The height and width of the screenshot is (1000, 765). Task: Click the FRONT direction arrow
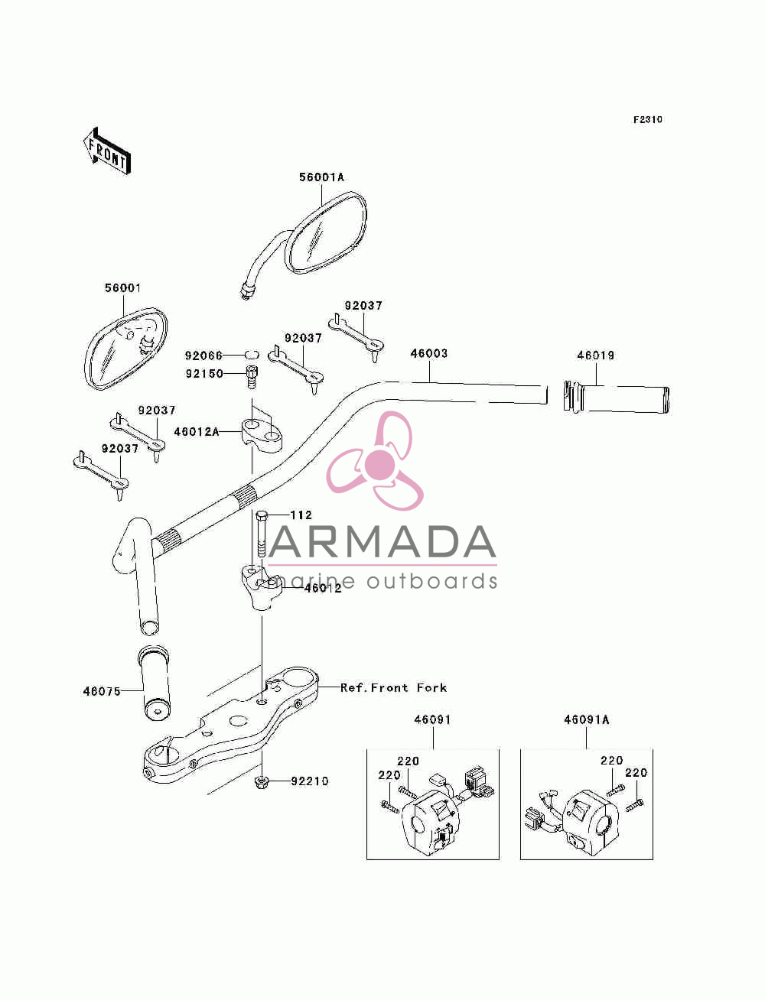coord(106,151)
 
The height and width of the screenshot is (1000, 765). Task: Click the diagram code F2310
coord(647,120)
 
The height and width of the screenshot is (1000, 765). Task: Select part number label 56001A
coord(321,177)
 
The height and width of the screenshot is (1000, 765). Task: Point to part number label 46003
coord(428,353)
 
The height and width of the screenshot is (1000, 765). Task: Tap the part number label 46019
coord(595,355)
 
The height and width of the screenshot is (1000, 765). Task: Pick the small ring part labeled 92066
coord(252,355)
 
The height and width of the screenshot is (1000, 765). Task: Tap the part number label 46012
coord(323,588)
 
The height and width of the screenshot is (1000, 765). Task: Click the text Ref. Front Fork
coord(393,687)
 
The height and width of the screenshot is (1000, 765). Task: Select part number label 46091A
coord(586,720)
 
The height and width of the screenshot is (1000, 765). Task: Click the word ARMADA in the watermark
coord(382,542)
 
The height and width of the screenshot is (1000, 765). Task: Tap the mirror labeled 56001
coord(125,349)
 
